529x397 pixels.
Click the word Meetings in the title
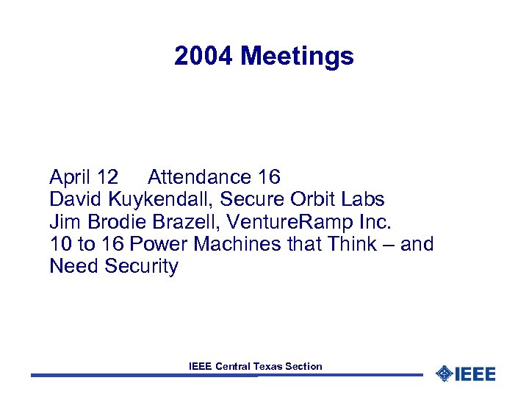tap(297, 57)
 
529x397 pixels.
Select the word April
tap(71, 177)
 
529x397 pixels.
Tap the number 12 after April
tap(107, 177)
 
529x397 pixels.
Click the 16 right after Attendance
tap(269, 177)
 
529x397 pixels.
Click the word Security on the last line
tap(141, 265)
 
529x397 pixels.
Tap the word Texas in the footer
tap(270, 366)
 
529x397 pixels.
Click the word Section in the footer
tap(305, 366)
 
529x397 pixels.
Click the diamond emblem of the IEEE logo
tap(444, 373)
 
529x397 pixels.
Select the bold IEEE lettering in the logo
tap(475, 373)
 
